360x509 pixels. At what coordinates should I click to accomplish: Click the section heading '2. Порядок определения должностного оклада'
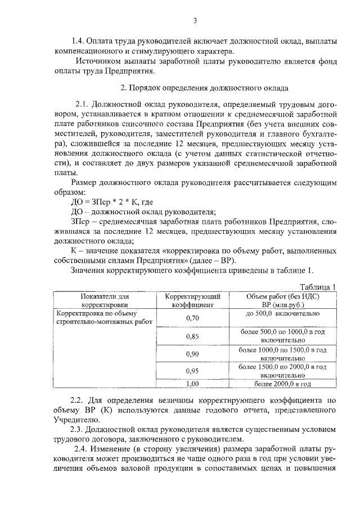(x=205, y=88)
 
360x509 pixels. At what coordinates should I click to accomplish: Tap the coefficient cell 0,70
(x=192, y=318)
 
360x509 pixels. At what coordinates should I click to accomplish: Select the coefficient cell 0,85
(x=192, y=336)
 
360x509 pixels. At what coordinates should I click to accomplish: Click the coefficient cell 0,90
(x=192, y=354)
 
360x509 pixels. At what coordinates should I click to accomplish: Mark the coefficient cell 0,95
(x=192, y=371)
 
